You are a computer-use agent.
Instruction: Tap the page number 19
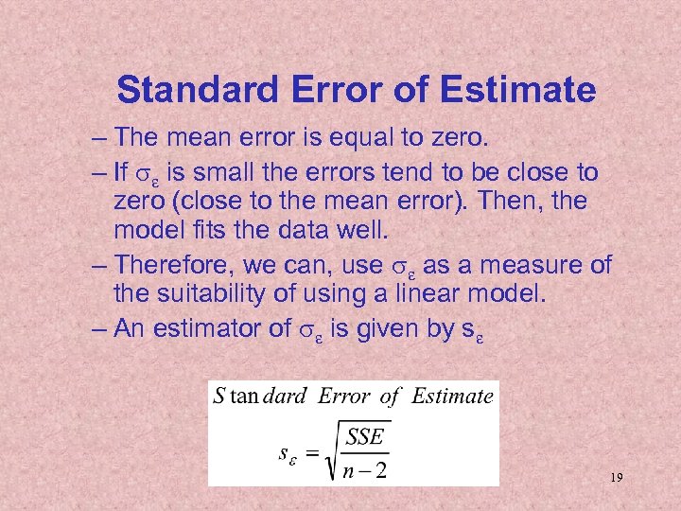coord(616,479)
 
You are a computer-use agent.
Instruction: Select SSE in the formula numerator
coord(365,438)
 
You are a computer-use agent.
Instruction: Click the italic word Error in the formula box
coord(344,396)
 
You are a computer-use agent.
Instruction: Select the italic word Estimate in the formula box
coord(452,396)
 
